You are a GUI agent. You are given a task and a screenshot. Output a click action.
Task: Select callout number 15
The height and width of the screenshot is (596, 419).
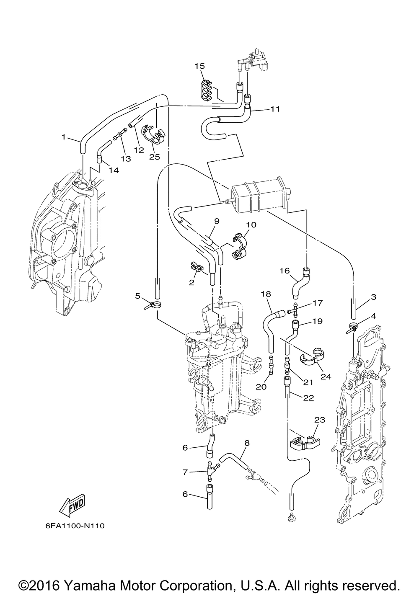(199, 66)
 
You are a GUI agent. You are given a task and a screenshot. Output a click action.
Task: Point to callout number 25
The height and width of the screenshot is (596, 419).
(154, 157)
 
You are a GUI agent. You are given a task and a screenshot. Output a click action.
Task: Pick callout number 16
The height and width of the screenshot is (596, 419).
(285, 271)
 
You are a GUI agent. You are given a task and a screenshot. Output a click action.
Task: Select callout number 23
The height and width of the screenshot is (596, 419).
(320, 420)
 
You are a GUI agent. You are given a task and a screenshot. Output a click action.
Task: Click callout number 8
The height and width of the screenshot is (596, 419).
(247, 443)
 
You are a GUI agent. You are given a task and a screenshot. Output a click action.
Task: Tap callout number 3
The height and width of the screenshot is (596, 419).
(373, 297)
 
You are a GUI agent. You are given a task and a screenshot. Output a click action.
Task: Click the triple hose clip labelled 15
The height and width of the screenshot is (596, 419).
(205, 91)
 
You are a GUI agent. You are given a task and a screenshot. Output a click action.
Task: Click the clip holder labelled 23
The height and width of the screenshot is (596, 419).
(304, 441)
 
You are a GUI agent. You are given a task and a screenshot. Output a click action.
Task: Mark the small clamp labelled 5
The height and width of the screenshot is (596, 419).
(153, 304)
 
